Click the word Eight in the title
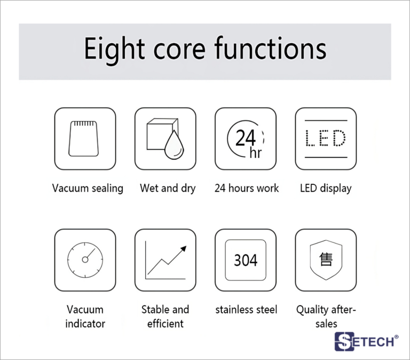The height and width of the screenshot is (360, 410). point(114,50)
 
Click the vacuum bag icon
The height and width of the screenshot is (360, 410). point(83,139)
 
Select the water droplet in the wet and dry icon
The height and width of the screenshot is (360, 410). point(174,145)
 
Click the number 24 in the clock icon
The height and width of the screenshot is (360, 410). point(245,138)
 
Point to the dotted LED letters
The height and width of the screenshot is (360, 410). point(326,138)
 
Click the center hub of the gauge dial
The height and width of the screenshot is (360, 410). point(85,260)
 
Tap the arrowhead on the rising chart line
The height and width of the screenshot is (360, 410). point(184,248)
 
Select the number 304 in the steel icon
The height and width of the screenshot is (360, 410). point(246,260)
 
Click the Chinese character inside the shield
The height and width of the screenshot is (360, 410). point(326,259)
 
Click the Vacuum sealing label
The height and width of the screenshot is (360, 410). point(88,189)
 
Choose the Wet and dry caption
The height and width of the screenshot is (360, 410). point(168,189)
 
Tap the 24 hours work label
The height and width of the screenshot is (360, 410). point(247,188)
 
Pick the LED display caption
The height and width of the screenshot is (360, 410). point(326,189)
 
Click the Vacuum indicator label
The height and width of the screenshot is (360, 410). point(85,317)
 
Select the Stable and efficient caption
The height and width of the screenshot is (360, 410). point(165,317)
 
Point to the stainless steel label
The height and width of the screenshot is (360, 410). point(246,309)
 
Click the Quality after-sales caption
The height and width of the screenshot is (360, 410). point(326,317)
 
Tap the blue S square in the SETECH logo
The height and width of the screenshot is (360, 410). point(344,341)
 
